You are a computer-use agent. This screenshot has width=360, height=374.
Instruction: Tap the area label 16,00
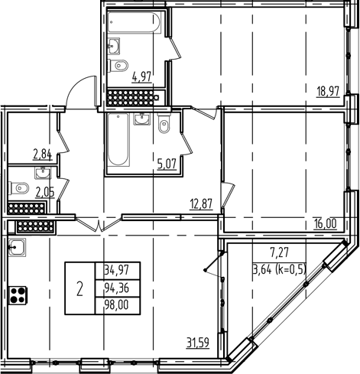[326, 223]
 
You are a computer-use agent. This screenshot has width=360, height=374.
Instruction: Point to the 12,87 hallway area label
[200, 202]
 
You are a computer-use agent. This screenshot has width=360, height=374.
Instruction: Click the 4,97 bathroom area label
[142, 76]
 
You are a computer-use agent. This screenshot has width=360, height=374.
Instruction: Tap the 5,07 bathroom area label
[167, 161]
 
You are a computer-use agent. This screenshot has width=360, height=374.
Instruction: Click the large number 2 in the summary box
[79, 288]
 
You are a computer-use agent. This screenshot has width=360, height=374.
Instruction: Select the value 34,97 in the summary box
[115, 270]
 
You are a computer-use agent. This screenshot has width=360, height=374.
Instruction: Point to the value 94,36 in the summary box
[115, 288]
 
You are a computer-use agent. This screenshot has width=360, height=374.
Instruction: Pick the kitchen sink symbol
[16, 246]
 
